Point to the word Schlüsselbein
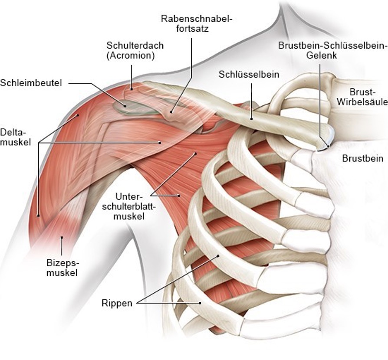249,75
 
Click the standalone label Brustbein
362,158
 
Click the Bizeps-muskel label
62,267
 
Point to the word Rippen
117,303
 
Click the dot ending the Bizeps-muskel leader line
62,237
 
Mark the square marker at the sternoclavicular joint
329,147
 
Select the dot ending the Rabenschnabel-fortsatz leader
172,111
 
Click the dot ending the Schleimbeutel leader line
126,105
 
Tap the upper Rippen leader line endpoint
217,256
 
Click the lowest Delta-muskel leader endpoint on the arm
39,215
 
